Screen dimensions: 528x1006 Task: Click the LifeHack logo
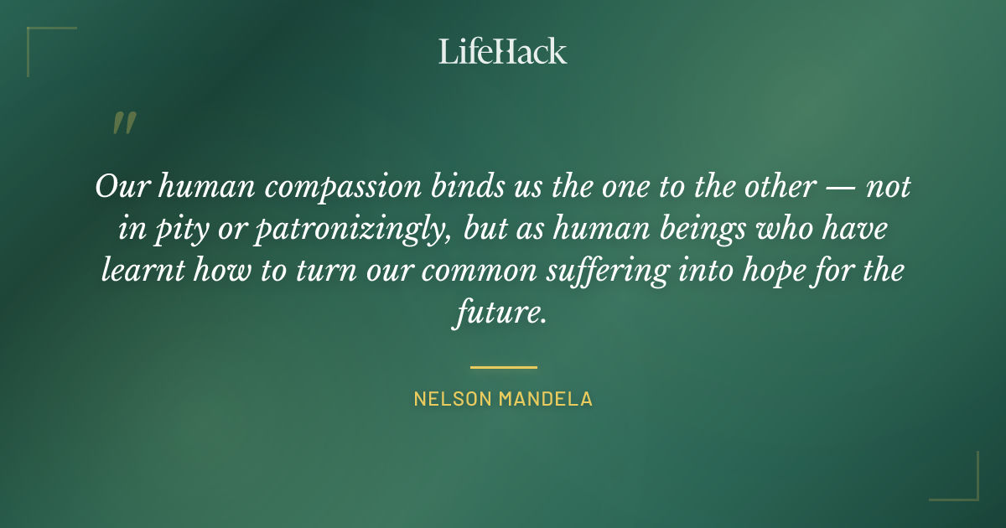(x=503, y=51)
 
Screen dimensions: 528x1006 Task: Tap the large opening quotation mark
(x=123, y=123)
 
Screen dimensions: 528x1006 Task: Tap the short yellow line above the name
(x=503, y=367)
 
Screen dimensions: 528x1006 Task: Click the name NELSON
(x=453, y=399)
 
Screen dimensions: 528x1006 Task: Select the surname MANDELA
(x=546, y=399)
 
